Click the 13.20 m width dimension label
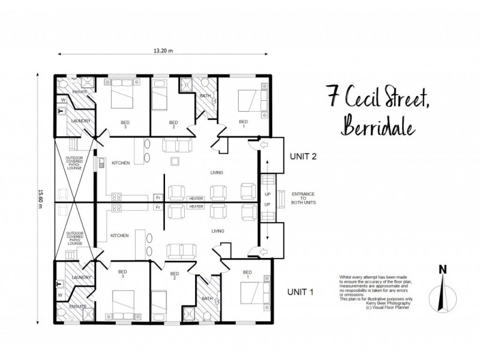pos(163,51)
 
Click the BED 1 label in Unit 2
pos(243,124)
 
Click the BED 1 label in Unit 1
pos(246,274)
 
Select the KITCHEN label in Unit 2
pos(121,163)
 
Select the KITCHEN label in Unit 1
pos(119,236)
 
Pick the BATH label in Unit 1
pos(206,298)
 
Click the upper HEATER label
pos(196,197)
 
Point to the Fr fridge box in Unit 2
pos(158,197)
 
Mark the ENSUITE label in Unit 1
pos(78,306)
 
